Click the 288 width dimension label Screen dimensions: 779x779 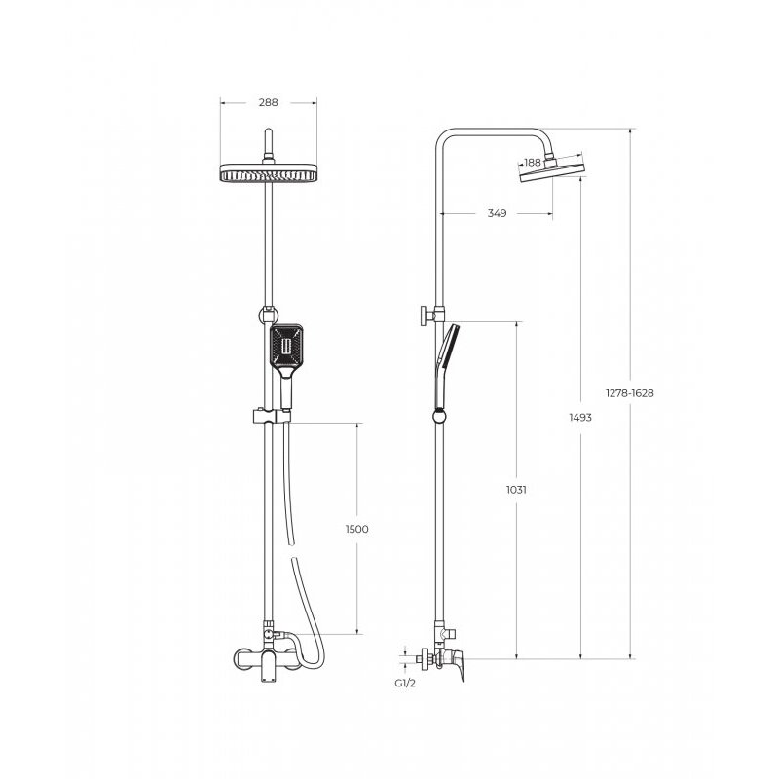[269, 103]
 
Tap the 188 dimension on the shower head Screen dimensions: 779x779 [532, 162]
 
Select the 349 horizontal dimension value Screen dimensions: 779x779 [497, 213]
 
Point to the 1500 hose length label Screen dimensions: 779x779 [357, 529]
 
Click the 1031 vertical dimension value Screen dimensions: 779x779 [516, 490]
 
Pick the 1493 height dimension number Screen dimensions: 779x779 [580, 418]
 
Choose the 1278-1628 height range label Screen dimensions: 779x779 [629, 393]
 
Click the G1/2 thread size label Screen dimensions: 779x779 [405, 684]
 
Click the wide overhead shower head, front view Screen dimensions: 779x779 [269, 172]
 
